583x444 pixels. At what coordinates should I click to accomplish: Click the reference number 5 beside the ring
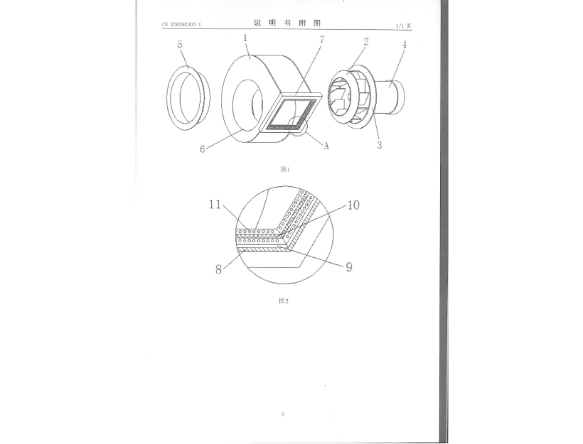[x=180, y=45]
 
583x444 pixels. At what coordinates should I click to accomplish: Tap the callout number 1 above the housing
[x=245, y=38]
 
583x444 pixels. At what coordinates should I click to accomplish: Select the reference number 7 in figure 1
[x=322, y=39]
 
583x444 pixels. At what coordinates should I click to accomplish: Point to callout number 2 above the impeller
[x=366, y=42]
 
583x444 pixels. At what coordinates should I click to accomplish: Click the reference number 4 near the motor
[x=404, y=45]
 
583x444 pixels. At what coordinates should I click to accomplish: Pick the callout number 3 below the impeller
[x=379, y=145]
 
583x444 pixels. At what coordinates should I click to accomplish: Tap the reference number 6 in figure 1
[x=203, y=149]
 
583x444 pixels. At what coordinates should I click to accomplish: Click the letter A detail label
[x=326, y=146]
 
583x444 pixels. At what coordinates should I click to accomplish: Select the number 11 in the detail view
[x=215, y=205]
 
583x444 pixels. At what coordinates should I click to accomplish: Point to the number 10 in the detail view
[x=353, y=205]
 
